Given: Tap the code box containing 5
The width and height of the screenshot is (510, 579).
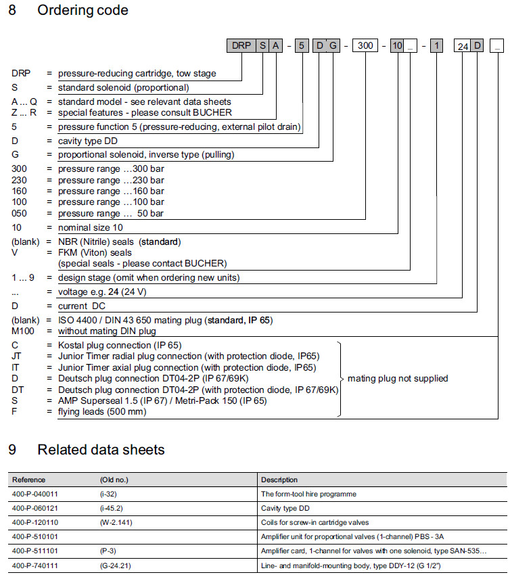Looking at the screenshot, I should (302, 46).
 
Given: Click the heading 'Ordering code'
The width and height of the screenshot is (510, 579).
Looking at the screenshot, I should (83, 11).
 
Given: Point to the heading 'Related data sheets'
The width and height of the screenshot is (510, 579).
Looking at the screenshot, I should (101, 450).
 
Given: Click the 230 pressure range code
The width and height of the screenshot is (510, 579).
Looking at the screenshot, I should (21, 180).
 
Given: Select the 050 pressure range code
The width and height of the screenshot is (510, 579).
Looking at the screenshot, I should (21, 213).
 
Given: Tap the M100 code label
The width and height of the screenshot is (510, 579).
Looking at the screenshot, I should (24, 331).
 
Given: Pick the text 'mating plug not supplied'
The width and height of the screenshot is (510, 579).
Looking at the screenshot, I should (398, 378).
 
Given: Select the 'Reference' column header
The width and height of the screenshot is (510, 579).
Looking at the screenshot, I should (29, 480).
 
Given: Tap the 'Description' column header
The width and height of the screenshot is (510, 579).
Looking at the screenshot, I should (279, 480).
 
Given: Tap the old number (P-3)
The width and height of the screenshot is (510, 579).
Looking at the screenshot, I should (108, 550).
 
